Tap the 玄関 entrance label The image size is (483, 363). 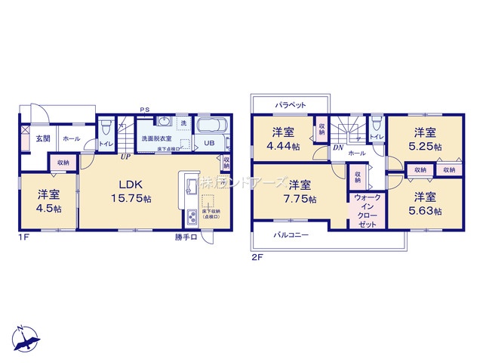43,139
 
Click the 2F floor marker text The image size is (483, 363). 257,258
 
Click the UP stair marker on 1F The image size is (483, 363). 126,157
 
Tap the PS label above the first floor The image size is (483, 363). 143,110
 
